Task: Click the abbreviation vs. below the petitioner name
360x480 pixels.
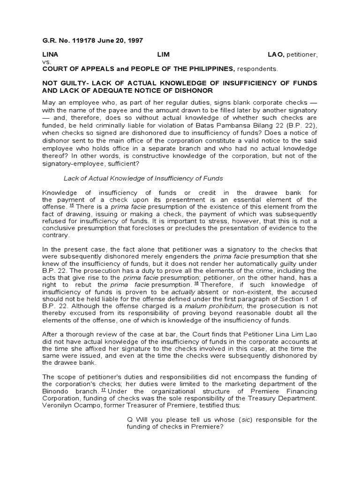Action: point(47,61)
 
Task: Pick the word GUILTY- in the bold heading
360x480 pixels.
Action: point(75,83)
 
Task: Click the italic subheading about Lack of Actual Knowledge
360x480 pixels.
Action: point(143,178)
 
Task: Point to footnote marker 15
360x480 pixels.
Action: point(72,205)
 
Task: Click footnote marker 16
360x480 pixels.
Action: point(196,283)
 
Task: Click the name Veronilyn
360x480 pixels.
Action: point(59,405)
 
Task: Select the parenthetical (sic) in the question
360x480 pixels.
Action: point(249,420)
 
